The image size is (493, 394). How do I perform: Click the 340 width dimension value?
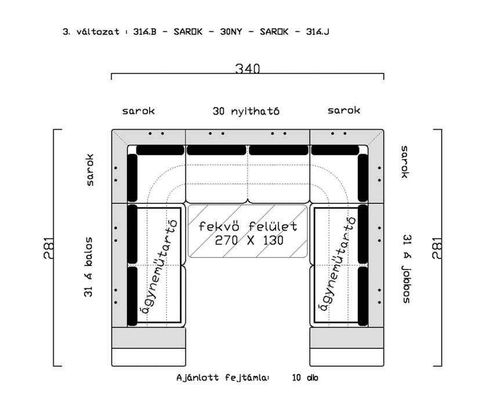pos(248,68)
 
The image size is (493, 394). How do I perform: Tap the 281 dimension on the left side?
pos(49,248)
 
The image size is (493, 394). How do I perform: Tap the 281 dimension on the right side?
pos(437,248)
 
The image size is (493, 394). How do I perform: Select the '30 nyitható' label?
pos(246,111)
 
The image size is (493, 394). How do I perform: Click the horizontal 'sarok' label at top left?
pos(139,111)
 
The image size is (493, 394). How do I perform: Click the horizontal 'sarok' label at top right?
pos(344,110)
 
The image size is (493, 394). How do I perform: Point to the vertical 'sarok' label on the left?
pos(90,170)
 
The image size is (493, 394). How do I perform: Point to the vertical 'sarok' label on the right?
pos(404,162)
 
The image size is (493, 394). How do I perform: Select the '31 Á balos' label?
pos(89,267)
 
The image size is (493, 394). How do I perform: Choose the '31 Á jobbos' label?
pos(407,269)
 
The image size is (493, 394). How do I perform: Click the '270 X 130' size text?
pos(249,240)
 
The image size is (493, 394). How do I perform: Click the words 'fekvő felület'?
pos(248,226)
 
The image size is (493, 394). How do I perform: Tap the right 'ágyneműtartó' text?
pos(338,263)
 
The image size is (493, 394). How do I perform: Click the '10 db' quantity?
pos(305,377)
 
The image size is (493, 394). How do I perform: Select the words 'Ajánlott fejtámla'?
pos(222,377)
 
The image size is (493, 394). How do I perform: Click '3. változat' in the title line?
pos(91,32)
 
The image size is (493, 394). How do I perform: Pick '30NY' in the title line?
pos(231,32)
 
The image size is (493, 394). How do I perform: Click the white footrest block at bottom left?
pos(148,357)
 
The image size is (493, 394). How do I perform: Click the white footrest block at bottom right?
pos(346,357)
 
